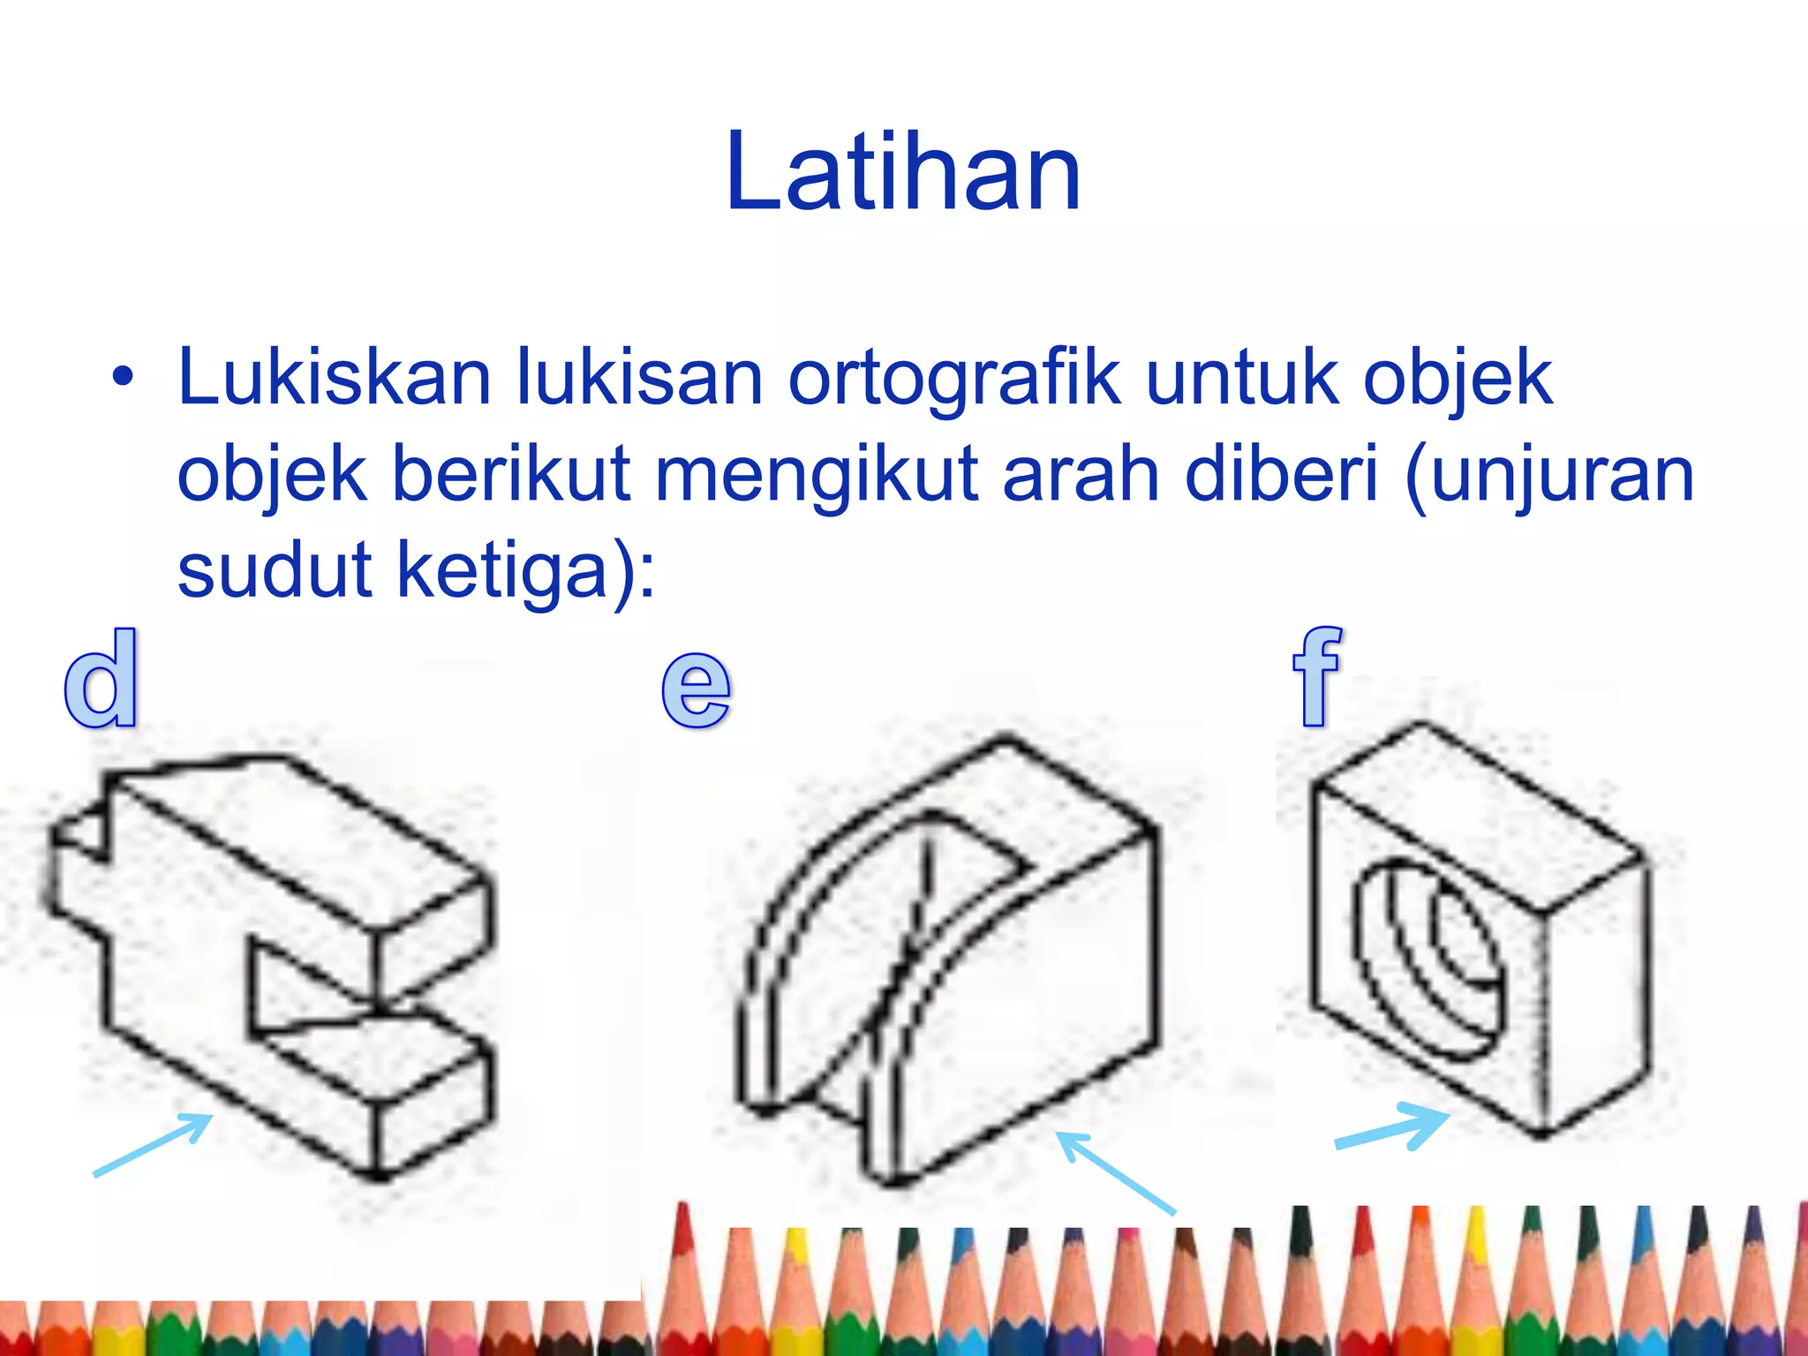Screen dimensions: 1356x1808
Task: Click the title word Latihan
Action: pos(903,172)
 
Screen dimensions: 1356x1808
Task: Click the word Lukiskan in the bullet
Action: pos(334,378)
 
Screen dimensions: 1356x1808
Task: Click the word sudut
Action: pos(275,570)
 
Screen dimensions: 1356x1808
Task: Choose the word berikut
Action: pos(511,474)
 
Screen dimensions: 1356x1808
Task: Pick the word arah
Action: pos(1082,474)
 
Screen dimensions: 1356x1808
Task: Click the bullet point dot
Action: pos(123,378)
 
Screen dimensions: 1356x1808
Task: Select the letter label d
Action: pos(102,679)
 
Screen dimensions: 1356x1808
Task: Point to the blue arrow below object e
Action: pos(1115,1171)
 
